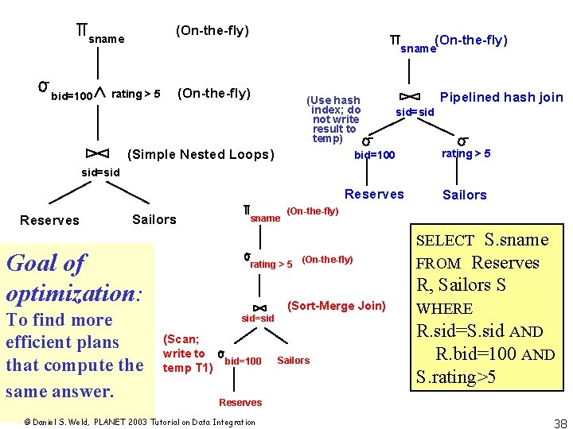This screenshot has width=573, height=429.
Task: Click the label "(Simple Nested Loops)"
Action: pos(200,154)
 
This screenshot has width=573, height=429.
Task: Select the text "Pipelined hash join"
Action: pos(501,97)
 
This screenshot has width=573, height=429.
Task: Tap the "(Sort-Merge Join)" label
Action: pos(336,306)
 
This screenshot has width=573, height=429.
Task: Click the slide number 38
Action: pos(559,423)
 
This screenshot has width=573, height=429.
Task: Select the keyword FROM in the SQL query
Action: pos(439,264)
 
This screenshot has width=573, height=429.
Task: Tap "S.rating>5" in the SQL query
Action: pos(456,377)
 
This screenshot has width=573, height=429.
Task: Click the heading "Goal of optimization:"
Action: pos(74,278)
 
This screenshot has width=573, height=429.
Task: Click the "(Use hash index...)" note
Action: pos(335,119)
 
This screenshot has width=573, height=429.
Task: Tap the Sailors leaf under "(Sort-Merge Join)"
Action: pos(293,361)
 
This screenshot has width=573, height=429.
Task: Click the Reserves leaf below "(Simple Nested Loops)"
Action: pos(49,220)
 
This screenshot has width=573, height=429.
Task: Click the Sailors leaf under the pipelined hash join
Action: pos(464,195)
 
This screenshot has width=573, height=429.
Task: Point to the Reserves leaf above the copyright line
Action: pos(240,403)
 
